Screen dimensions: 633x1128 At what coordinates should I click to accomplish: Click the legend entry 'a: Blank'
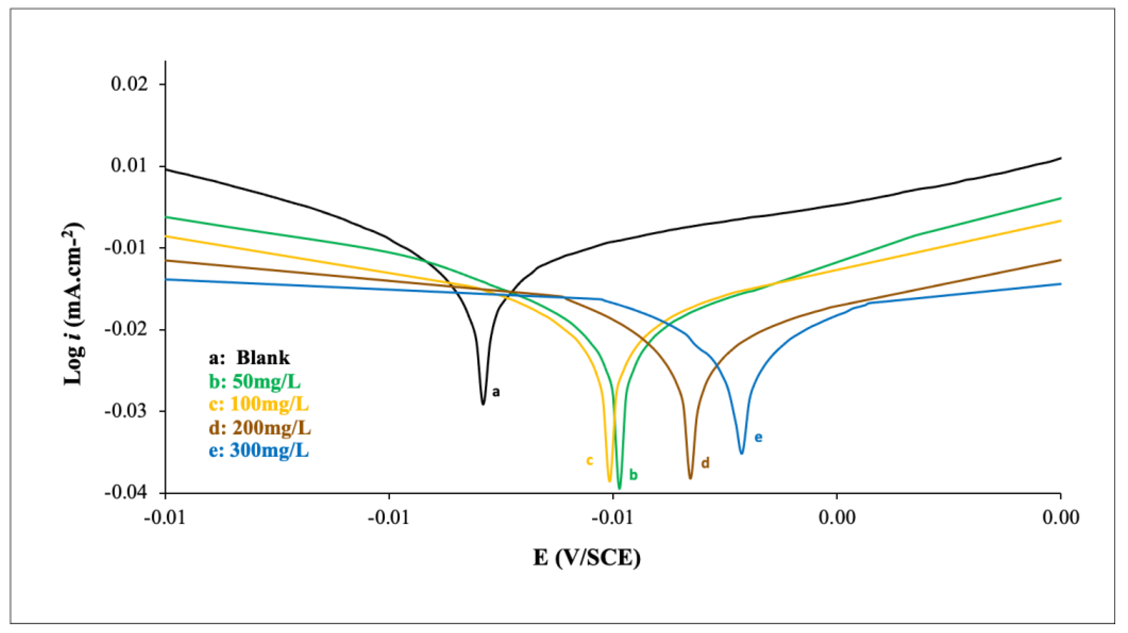(x=249, y=358)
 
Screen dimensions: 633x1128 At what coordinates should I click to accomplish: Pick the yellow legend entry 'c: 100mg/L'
(x=259, y=404)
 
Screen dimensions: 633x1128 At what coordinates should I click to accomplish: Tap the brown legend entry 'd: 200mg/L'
(x=260, y=428)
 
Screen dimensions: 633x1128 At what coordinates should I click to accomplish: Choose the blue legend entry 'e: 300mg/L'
(x=259, y=451)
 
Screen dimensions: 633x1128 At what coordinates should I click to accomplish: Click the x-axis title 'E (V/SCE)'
(x=587, y=558)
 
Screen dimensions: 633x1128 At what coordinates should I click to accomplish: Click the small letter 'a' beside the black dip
(x=496, y=392)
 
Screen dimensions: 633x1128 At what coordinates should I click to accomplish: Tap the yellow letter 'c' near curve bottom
(x=590, y=460)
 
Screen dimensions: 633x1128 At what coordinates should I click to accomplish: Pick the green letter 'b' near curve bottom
(x=633, y=475)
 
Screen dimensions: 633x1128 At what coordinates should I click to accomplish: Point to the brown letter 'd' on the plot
(x=705, y=463)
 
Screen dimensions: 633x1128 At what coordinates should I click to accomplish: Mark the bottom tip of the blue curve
(x=742, y=453)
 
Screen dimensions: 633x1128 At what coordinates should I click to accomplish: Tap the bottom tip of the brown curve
(x=690, y=479)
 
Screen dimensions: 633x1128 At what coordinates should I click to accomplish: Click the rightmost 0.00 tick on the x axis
(x=1060, y=518)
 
